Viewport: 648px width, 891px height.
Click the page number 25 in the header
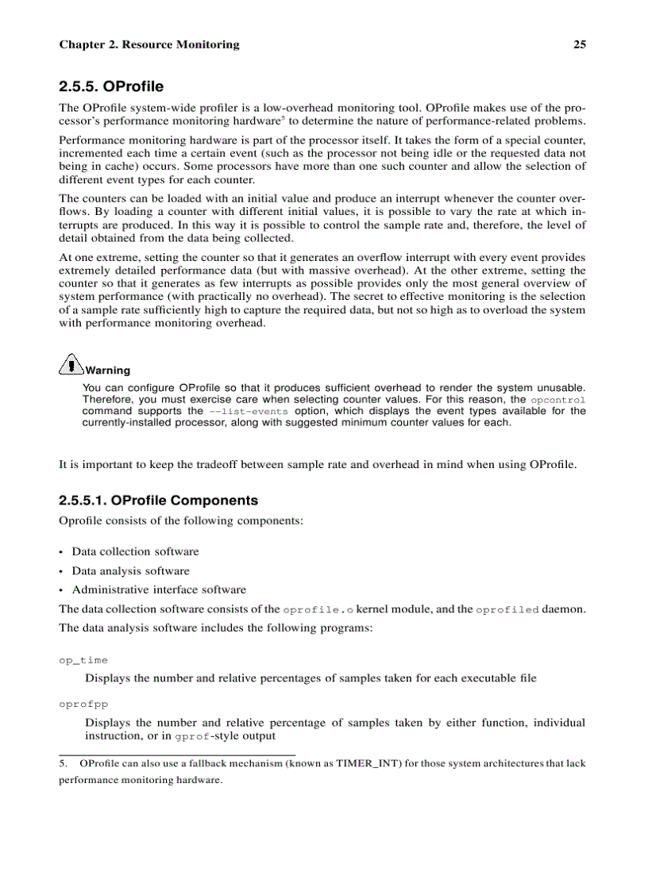(x=579, y=44)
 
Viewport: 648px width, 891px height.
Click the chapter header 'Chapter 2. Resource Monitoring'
(x=148, y=44)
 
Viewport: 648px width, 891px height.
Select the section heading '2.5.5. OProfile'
(x=111, y=86)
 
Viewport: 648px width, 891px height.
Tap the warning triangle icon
(x=71, y=364)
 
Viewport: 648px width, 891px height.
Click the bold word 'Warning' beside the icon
(x=107, y=371)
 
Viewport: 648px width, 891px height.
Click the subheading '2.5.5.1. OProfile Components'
(x=158, y=501)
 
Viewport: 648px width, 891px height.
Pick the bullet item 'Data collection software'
(x=135, y=551)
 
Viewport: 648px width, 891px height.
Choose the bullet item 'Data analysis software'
(x=130, y=570)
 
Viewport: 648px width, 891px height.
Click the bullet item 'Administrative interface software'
(x=159, y=590)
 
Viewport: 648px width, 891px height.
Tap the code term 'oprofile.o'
(x=318, y=609)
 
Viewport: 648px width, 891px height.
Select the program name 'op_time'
(x=83, y=660)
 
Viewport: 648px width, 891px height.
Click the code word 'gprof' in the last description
(x=192, y=736)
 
